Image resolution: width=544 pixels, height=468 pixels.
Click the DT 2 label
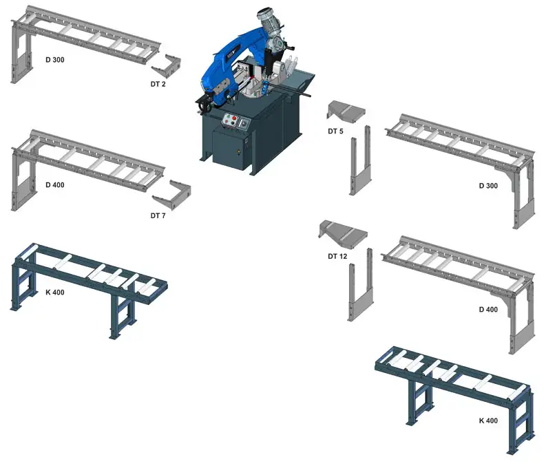tap(158, 84)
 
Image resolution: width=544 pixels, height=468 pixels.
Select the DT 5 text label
tap(336, 131)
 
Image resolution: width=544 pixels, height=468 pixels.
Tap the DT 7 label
tap(158, 215)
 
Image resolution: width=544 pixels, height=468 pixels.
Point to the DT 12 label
tap(337, 256)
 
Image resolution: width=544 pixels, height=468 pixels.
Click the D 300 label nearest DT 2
tap(55, 60)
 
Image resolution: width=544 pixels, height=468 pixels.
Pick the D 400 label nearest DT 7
tap(55, 185)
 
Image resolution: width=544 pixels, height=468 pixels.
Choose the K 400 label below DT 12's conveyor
tap(488, 420)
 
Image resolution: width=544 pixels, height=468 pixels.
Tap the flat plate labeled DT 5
tap(346, 109)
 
